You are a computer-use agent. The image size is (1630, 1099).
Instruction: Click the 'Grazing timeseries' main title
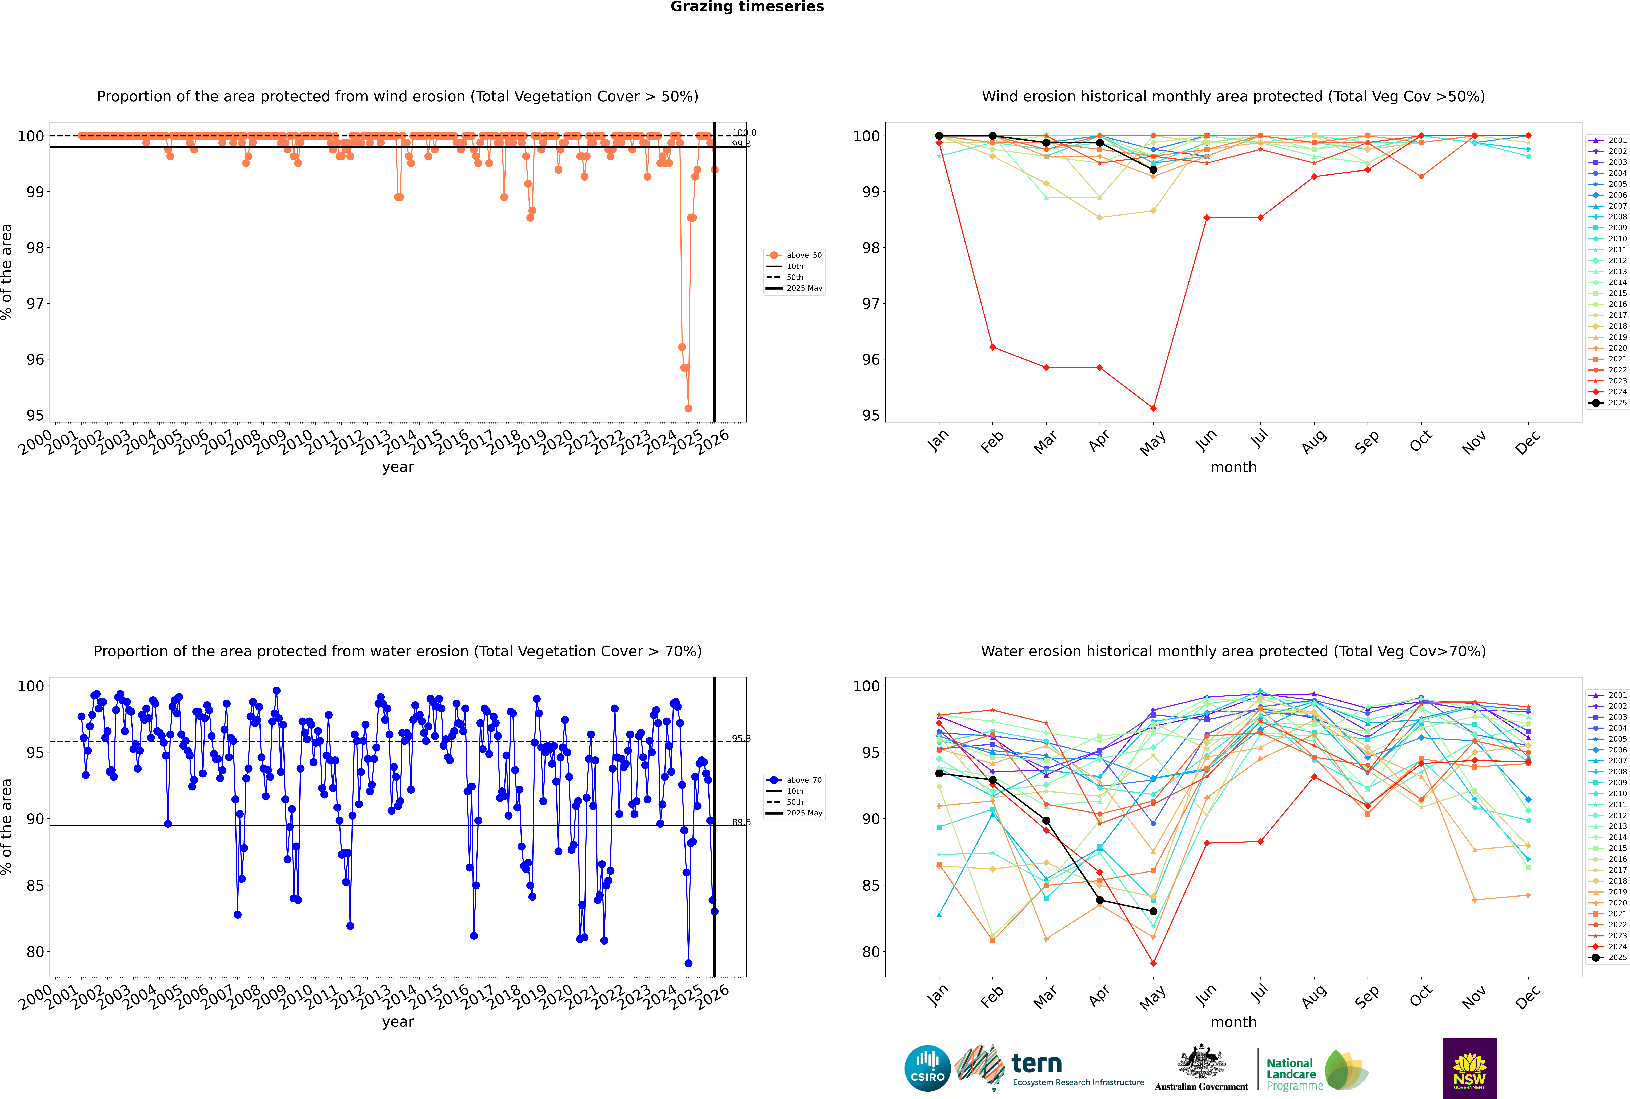click(747, 7)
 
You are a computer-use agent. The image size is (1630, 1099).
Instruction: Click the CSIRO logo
click(927, 1068)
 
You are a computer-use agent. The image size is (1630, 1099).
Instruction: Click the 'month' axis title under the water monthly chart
click(1233, 1022)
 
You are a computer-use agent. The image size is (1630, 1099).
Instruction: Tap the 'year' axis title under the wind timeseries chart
click(398, 467)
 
